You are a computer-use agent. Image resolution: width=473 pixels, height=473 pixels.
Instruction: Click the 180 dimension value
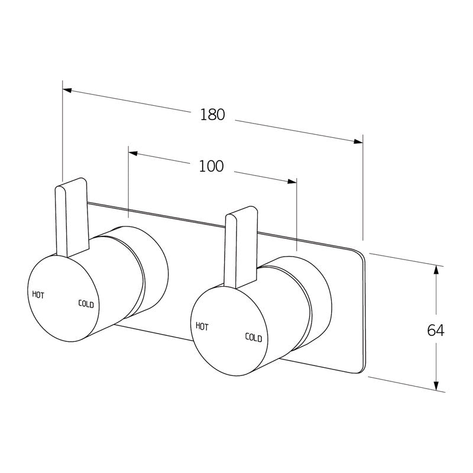[212, 115]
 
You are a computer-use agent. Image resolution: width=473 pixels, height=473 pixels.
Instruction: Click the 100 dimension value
[211, 167]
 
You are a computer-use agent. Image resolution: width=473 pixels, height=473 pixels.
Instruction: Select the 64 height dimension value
[435, 330]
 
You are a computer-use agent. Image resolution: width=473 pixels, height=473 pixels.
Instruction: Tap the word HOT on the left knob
[38, 294]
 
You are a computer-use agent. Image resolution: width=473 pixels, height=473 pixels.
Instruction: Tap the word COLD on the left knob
[86, 304]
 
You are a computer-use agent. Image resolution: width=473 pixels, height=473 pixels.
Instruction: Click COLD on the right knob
[254, 337]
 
